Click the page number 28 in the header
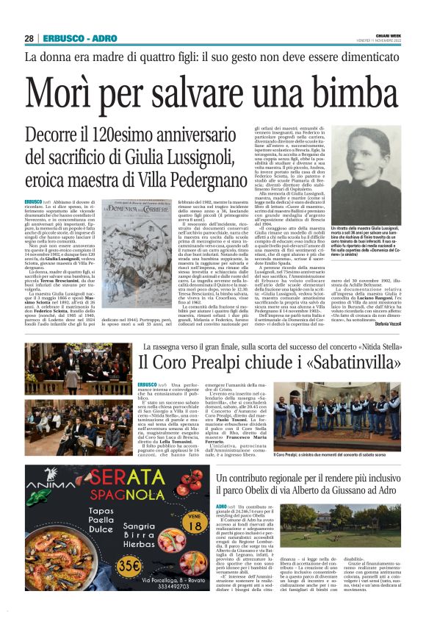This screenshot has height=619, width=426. pyautogui.click(x=29, y=38)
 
